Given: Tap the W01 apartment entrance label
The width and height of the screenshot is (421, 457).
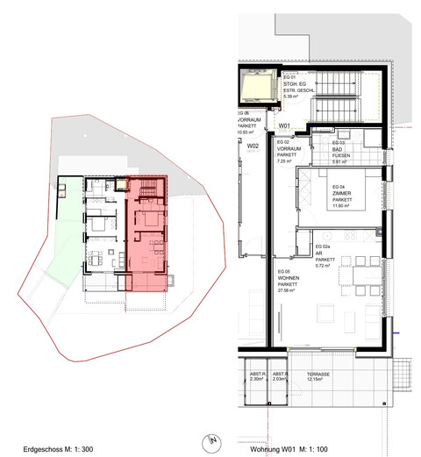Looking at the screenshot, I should coord(283,127).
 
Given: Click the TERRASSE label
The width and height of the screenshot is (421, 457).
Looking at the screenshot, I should coord(318,375).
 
